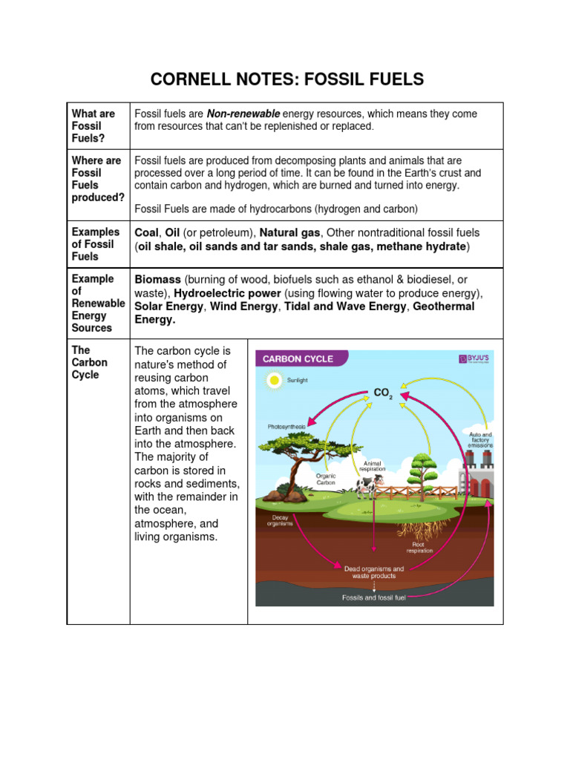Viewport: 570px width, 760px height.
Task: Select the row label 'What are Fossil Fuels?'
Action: pyautogui.click(x=94, y=125)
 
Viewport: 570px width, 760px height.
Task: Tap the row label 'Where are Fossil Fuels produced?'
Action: pyautogui.click(x=97, y=179)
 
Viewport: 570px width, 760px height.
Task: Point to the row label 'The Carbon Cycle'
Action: pyautogui.click(x=90, y=362)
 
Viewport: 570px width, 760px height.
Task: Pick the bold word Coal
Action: pyautogui.click(x=147, y=232)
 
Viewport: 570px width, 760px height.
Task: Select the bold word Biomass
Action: pyautogui.click(x=157, y=280)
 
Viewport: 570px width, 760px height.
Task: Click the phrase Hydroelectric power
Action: pyautogui.click(x=227, y=293)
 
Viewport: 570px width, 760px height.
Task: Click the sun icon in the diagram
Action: pyautogui.click(x=274, y=380)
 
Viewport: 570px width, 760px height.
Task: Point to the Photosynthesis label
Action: pyautogui.click(x=286, y=427)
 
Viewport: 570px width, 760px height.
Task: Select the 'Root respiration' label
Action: pyautogui.click(x=419, y=547)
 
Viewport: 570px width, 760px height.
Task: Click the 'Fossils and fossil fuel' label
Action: pyautogui.click(x=373, y=597)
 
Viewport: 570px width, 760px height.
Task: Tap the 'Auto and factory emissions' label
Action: pyautogui.click(x=479, y=439)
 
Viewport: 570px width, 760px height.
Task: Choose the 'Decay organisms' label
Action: pyautogui.click(x=280, y=520)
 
